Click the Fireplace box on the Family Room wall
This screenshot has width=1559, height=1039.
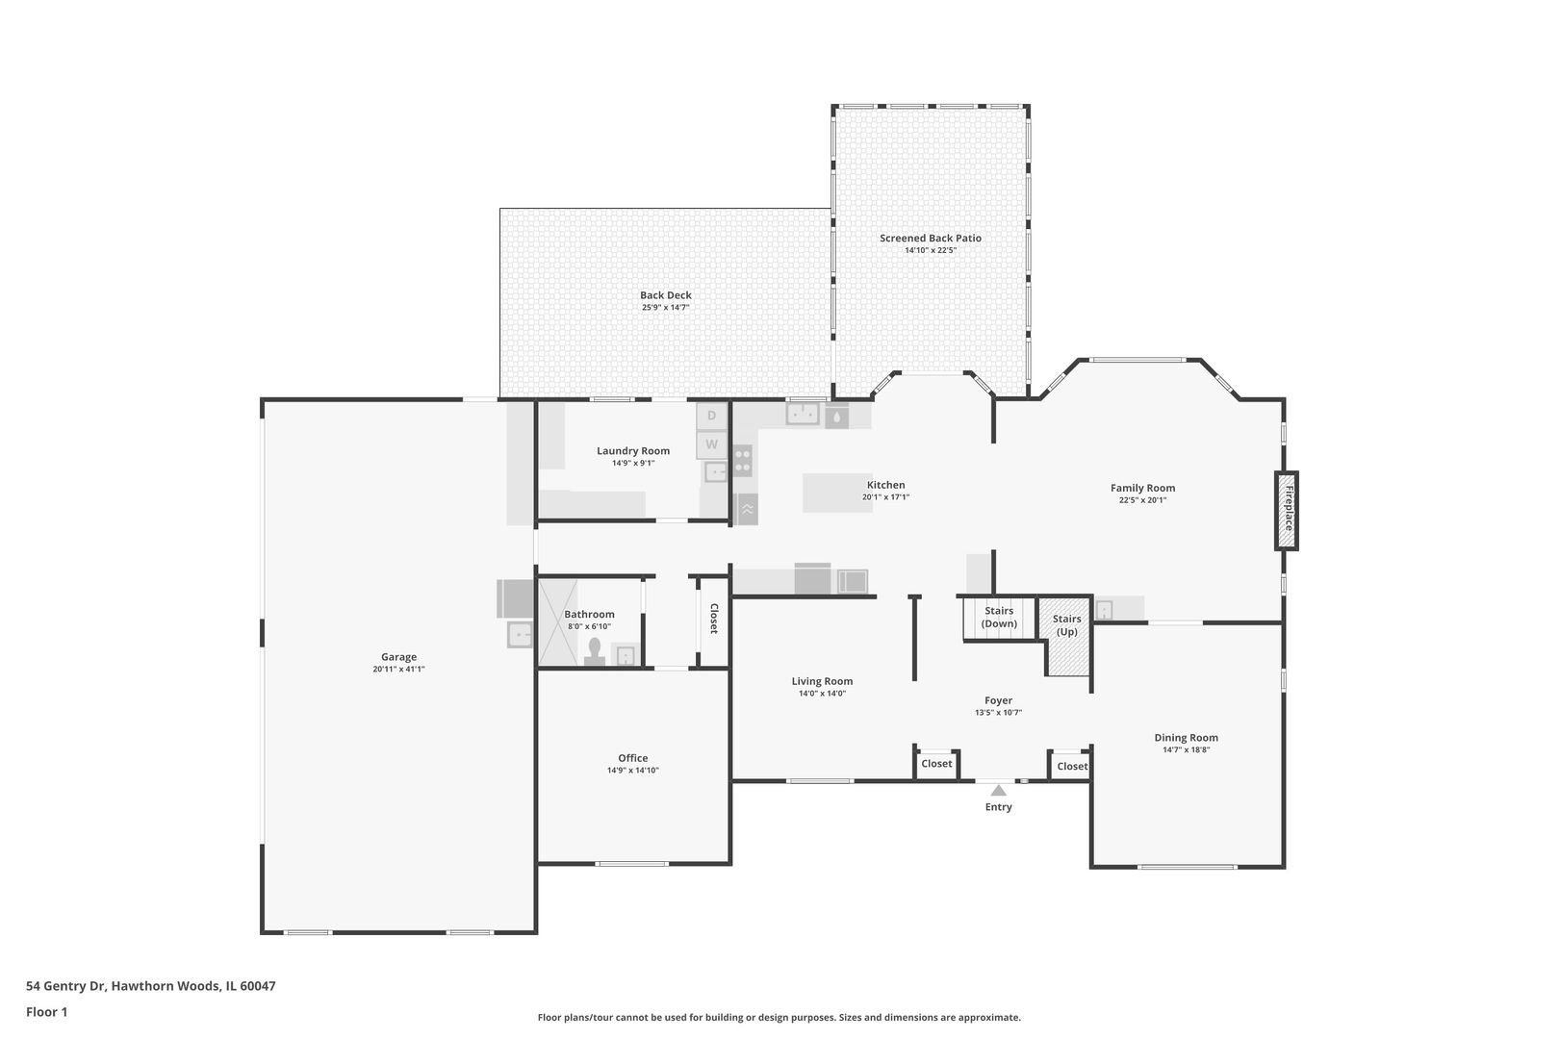coord(1287,510)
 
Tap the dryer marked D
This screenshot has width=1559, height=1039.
coord(711,416)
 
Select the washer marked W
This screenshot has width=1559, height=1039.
coord(711,444)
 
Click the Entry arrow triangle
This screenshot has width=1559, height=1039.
coord(998,790)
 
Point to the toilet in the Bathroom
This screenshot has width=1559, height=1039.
coord(595,651)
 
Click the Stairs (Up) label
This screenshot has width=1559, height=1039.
coord(1066,625)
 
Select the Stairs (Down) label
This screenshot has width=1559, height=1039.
coord(999,617)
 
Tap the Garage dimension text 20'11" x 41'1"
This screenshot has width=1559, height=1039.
coord(398,670)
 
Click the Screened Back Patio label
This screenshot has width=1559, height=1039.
coord(930,238)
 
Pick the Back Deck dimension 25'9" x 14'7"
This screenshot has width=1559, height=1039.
coord(665,308)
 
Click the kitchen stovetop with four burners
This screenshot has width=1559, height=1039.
coord(742,461)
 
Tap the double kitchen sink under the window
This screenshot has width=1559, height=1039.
coord(803,415)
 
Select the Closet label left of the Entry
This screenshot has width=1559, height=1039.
coord(936,764)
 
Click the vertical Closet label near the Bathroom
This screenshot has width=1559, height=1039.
coord(713,619)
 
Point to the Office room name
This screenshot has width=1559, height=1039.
coord(632,758)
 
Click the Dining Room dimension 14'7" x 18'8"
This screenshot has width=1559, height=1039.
coord(1186,750)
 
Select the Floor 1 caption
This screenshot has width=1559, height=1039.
coord(46,1012)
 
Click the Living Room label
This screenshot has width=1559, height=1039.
coord(822,681)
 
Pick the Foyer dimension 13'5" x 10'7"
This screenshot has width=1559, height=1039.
coord(998,713)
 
